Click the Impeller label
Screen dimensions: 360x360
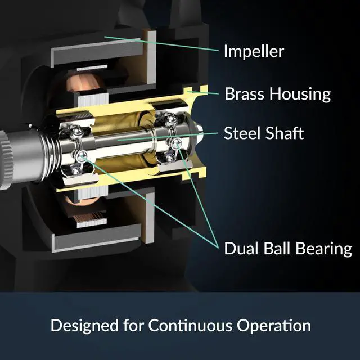coord(254,52)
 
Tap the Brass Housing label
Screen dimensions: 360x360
coord(277,93)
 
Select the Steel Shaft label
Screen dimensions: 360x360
coord(264,133)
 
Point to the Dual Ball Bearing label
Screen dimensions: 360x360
coord(288,248)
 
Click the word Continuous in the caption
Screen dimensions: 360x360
coord(190,326)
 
